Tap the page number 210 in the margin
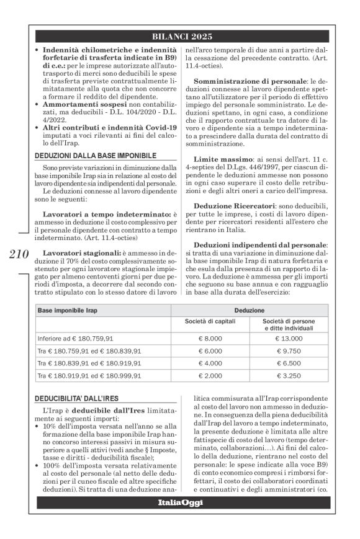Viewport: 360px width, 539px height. coord(20,255)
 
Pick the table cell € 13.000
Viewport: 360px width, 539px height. coord(288,338)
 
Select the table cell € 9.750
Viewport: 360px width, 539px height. coord(288,350)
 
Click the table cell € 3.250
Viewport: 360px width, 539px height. coord(288,376)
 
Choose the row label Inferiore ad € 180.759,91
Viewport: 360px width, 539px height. coord(76,338)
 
